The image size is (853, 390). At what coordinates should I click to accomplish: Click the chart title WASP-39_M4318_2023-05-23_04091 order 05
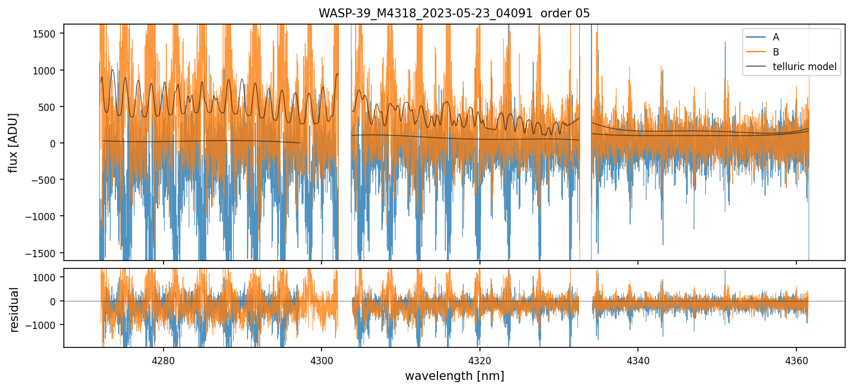point(454,13)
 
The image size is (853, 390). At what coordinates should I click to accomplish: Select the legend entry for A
point(776,37)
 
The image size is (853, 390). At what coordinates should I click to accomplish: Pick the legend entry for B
point(776,52)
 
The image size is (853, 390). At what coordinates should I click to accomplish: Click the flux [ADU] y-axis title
point(13,142)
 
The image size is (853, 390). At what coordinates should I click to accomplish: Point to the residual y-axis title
point(15,309)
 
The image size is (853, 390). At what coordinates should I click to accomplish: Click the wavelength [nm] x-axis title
point(454,375)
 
